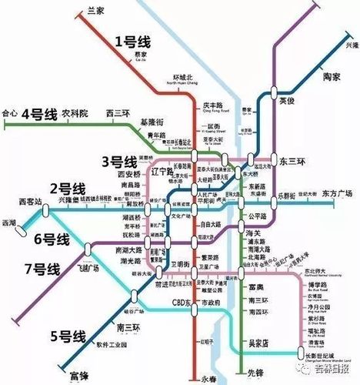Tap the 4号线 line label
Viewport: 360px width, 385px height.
click(41, 114)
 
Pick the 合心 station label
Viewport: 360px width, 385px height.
click(10, 113)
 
